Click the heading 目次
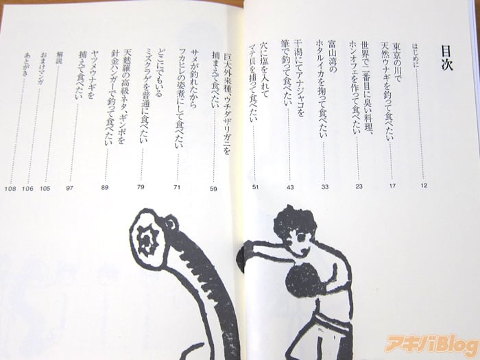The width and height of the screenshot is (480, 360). (x=446, y=58)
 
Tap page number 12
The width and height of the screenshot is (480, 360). (x=424, y=185)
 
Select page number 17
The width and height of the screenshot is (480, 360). (x=392, y=186)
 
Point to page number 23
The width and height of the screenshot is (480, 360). (x=359, y=186)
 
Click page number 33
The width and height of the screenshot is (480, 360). (x=325, y=187)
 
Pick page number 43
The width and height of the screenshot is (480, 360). (x=290, y=187)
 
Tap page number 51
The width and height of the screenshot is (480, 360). (x=255, y=187)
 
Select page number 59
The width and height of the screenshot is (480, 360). (x=213, y=189)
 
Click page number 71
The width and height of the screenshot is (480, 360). (x=177, y=187)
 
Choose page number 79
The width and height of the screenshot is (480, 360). (x=141, y=187)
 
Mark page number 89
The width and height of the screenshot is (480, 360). (x=105, y=187)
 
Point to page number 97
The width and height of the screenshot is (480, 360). (x=69, y=188)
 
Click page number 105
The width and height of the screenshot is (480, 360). (x=45, y=189)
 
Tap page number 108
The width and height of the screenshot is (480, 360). (x=10, y=189)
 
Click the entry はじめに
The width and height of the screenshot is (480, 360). (x=416, y=56)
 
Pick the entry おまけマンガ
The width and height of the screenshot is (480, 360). (x=41, y=69)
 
